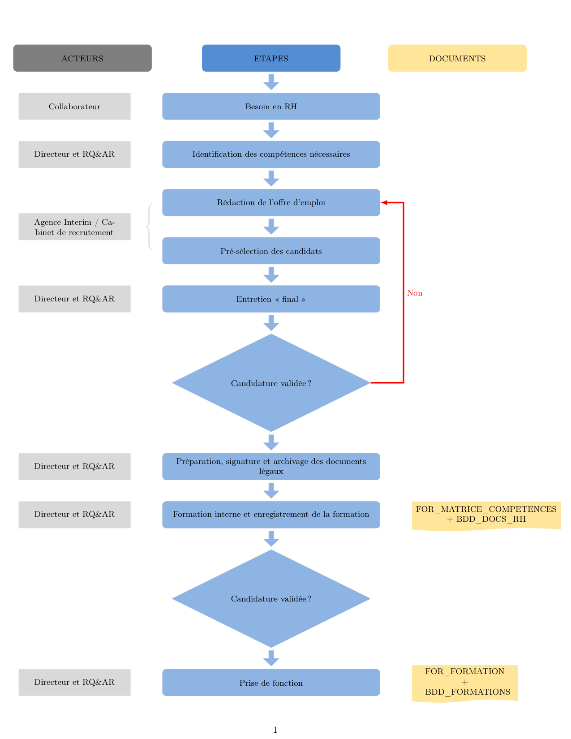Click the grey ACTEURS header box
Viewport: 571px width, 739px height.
pyautogui.click(x=82, y=58)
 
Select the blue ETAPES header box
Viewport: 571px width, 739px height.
pyautogui.click(x=271, y=58)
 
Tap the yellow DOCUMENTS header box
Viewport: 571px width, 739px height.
pyautogui.click(x=457, y=58)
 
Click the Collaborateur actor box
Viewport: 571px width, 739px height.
pyautogui.click(x=74, y=107)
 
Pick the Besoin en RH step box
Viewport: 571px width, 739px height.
pyautogui.click(x=271, y=107)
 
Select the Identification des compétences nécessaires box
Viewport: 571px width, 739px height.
pyautogui.click(x=271, y=154)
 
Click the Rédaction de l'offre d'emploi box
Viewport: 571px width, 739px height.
pyautogui.click(x=271, y=202)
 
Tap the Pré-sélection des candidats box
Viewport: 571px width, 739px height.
pyautogui.click(x=271, y=251)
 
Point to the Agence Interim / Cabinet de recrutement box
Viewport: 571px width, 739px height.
pyautogui.click(x=74, y=227)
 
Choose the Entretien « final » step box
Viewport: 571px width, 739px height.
pyautogui.click(x=271, y=299)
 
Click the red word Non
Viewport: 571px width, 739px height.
pyautogui.click(x=415, y=293)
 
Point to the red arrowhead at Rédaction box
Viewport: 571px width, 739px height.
pyautogui.click(x=384, y=202)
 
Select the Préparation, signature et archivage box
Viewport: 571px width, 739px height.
pyautogui.click(x=271, y=466)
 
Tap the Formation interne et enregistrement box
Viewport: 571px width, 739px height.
pyautogui.click(x=271, y=515)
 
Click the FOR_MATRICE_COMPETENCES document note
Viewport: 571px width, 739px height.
pyautogui.click(x=486, y=515)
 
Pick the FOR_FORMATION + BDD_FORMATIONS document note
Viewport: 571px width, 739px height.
pyautogui.click(x=465, y=683)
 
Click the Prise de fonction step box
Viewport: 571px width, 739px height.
pyautogui.click(x=271, y=682)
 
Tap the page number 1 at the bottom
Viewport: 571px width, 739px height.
pyautogui.click(x=275, y=730)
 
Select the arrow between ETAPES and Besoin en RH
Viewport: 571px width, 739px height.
pyautogui.click(x=271, y=82)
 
